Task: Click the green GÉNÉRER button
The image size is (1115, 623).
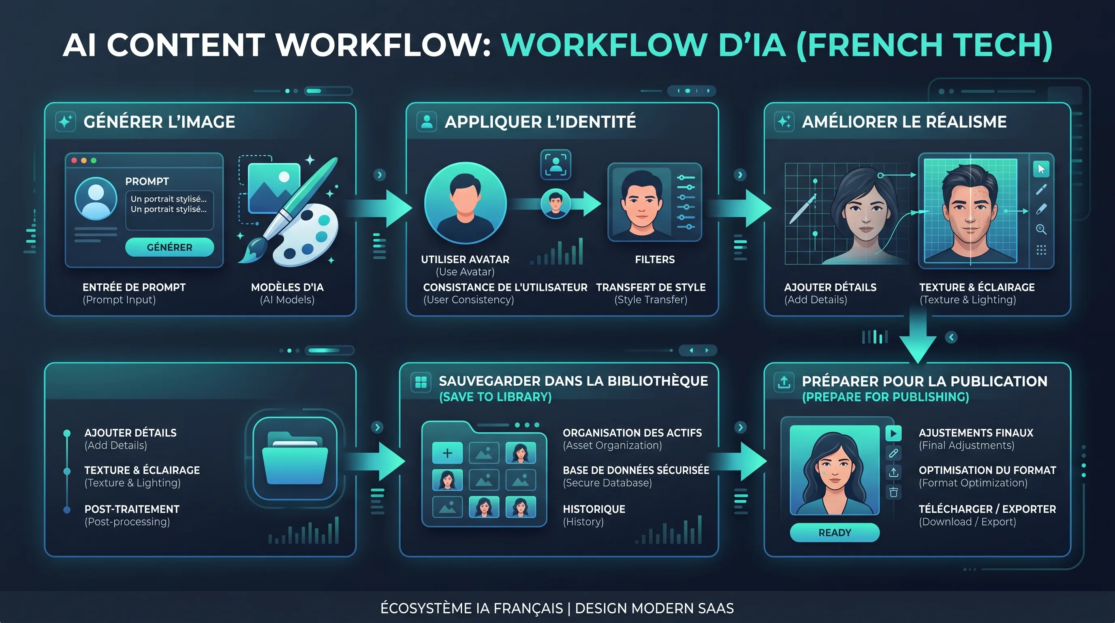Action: pyautogui.click(x=169, y=247)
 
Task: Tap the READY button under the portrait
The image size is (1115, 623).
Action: pyautogui.click(x=835, y=533)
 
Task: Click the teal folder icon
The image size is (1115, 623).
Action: pyautogui.click(x=295, y=458)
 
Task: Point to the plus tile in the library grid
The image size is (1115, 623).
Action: pyautogui.click(x=447, y=453)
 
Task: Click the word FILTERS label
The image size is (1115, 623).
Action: pyautogui.click(x=654, y=260)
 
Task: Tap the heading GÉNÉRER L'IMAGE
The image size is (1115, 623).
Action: pyautogui.click(x=159, y=122)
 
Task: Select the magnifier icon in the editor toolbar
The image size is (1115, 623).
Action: pyautogui.click(x=1041, y=229)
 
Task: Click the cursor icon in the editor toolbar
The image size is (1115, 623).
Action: pyautogui.click(x=1041, y=169)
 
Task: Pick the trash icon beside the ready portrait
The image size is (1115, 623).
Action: pyautogui.click(x=893, y=492)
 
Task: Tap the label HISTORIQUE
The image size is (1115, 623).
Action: pyautogui.click(x=594, y=509)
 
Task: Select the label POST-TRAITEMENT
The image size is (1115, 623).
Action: pyautogui.click(x=132, y=509)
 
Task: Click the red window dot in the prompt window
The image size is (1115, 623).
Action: pyautogui.click(x=74, y=161)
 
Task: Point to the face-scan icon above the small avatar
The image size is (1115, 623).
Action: pyautogui.click(x=556, y=165)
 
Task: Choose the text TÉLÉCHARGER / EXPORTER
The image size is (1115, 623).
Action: pyautogui.click(x=987, y=509)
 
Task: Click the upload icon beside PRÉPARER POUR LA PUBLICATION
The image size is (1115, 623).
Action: pyautogui.click(x=784, y=382)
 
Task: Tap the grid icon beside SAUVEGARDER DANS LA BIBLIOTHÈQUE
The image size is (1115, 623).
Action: pyautogui.click(x=421, y=382)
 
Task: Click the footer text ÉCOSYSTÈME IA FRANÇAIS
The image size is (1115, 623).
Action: pyautogui.click(x=471, y=608)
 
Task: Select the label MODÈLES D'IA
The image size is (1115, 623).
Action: pyautogui.click(x=287, y=287)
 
